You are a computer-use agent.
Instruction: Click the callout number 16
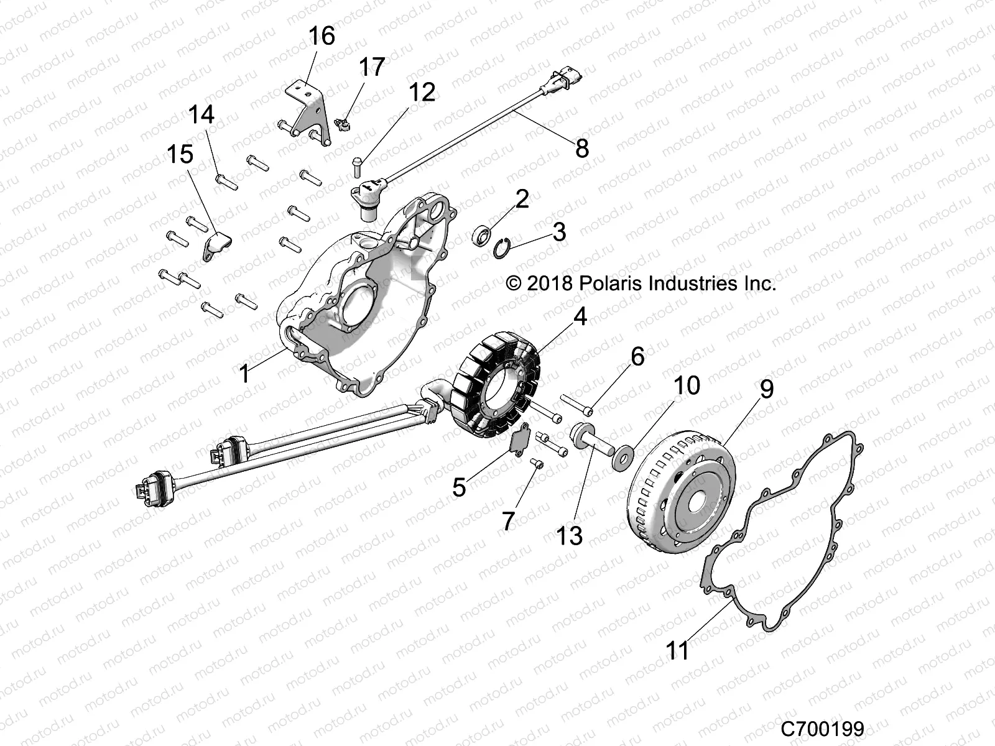tap(321, 36)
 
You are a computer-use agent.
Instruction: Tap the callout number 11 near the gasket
tap(677, 651)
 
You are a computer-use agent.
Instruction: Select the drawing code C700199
tap(823, 728)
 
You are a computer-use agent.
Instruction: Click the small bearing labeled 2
tap(482, 237)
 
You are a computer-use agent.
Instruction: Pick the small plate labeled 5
tap(517, 440)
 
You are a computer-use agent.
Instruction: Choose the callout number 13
tap(570, 535)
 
